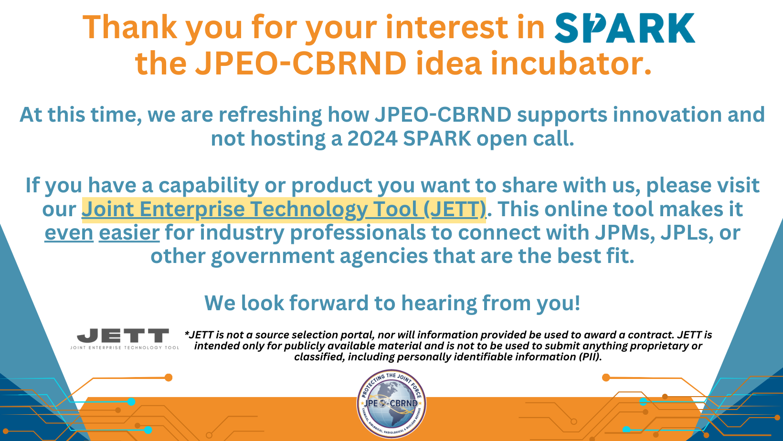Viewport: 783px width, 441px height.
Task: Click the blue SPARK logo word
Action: coord(624,28)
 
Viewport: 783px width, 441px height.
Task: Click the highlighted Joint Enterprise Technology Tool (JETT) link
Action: coord(284,210)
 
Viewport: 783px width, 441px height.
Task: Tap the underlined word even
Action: coord(69,232)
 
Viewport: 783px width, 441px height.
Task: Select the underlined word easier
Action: coord(129,232)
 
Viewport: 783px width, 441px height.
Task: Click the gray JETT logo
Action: coord(125,338)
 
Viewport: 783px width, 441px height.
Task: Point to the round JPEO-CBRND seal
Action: coord(391,404)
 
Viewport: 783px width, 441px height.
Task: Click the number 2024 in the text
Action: coord(372,139)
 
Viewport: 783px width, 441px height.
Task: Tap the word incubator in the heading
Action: coord(571,63)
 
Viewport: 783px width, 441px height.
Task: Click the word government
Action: coord(273,256)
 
